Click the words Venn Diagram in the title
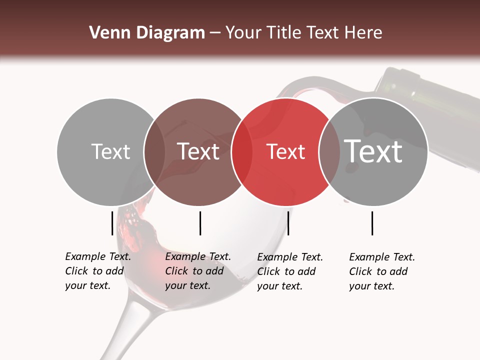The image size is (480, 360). (x=147, y=33)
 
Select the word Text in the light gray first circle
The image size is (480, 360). (x=110, y=152)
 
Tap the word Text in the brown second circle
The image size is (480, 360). (x=198, y=152)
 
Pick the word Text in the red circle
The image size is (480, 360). (x=286, y=152)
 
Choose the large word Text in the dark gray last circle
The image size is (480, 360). (x=373, y=151)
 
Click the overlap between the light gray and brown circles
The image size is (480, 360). (x=154, y=152)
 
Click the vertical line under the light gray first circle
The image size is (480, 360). (x=112, y=223)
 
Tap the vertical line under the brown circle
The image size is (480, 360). (x=200, y=223)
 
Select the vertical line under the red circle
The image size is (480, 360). (x=288, y=223)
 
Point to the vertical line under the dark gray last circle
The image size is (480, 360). (x=372, y=223)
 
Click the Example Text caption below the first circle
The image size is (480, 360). (x=98, y=271)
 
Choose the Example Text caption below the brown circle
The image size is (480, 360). (x=198, y=271)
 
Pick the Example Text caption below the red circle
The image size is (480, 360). (x=290, y=271)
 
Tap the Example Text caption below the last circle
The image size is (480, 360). (x=382, y=271)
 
